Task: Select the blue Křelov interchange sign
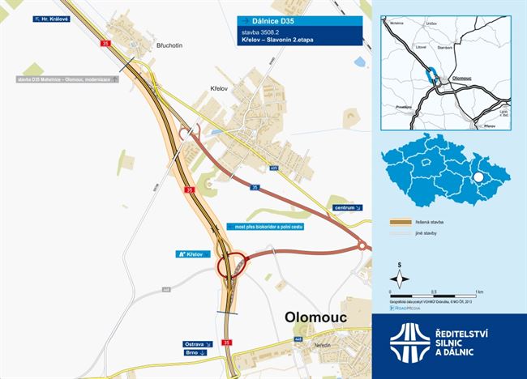click(188, 254)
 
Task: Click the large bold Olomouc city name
click(317, 318)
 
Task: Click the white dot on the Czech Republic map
click(479, 178)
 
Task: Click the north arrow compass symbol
click(400, 274)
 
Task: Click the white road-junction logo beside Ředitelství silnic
click(407, 341)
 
